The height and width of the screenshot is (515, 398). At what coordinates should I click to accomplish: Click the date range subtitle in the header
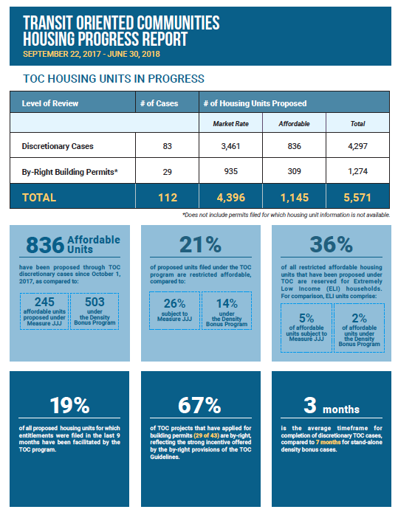[x=92, y=54]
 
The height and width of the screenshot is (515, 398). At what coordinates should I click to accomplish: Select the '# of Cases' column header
[x=159, y=103]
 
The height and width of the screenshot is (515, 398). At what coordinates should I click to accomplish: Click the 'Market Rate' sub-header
[x=230, y=124]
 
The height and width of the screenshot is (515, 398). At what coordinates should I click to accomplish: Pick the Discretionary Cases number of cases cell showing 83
[x=168, y=146]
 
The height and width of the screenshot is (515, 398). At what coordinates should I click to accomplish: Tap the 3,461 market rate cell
[x=230, y=146]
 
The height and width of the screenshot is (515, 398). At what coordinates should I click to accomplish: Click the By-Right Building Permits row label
[x=69, y=172]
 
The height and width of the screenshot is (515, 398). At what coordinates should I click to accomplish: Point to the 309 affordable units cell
[x=294, y=171]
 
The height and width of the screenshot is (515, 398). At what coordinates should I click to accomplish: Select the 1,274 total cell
[x=357, y=171]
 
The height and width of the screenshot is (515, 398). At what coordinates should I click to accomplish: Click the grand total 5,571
[x=357, y=198]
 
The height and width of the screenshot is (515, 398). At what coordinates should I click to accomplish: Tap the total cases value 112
[x=168, y=198]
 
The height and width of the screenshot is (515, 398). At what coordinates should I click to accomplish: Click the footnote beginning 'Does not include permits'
[x=287, y=215]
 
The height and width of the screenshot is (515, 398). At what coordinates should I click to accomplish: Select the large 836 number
[x=45, y=245]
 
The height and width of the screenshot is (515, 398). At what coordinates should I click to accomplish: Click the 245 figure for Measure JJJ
[x=44, y=302]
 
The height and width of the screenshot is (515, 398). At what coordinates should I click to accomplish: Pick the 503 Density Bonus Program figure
[x=95, y=302]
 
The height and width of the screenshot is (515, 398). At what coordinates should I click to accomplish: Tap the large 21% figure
[x=200, y=245]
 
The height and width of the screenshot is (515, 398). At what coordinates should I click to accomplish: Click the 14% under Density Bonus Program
[x=227, y=303]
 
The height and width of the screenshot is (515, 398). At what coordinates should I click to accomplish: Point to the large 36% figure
[x=332, y=245]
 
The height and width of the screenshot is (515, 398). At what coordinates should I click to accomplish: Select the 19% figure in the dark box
[x=69, y=405]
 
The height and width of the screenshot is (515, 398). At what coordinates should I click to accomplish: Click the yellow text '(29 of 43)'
[x=207, y=435]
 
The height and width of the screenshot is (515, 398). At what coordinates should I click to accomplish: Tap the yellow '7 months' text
[x=329, y=443]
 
